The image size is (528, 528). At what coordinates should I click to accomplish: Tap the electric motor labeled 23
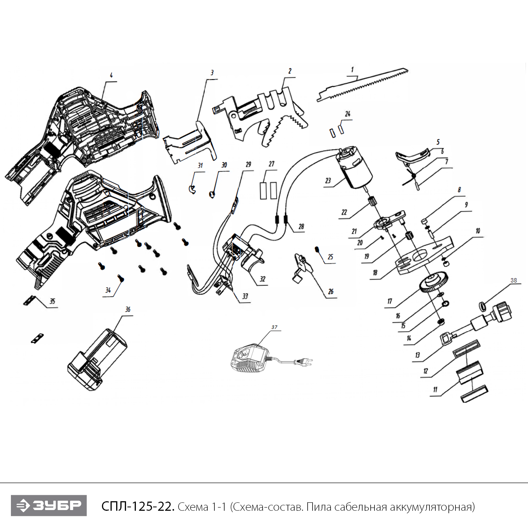354,168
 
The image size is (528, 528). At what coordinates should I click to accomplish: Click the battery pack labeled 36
98,359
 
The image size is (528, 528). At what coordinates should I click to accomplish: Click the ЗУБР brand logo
49,505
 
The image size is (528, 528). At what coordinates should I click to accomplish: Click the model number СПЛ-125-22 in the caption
138,507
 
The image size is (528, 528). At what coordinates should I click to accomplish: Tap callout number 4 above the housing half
111,75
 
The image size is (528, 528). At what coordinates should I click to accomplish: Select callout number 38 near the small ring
514,281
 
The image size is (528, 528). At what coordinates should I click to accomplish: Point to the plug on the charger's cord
304,362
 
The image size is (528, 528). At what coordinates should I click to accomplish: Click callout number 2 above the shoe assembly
290,71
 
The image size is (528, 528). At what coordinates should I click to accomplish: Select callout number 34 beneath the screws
108,290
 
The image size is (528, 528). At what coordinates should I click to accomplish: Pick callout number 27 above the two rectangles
271,164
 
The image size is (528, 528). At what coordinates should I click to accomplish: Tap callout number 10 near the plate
478,231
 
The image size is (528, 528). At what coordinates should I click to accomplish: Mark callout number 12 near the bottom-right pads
426,371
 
